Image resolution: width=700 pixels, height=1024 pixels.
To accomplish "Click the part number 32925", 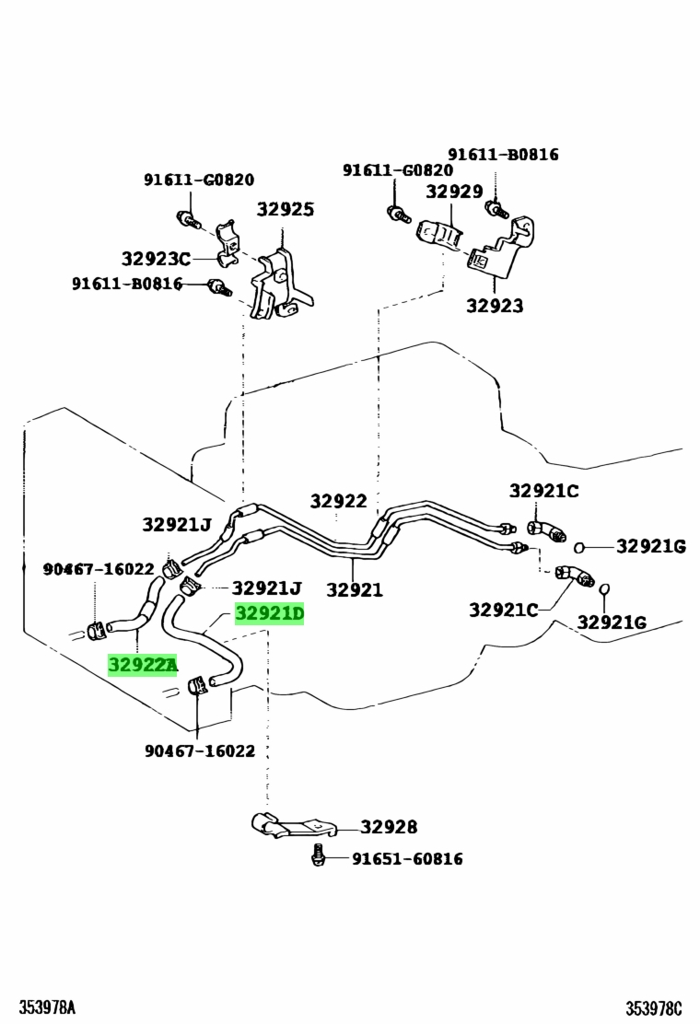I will (x=285, y=210).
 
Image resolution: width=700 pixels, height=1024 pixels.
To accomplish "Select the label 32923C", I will (x=156, y=259).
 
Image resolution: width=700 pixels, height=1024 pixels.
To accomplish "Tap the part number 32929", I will (x=454, y=192).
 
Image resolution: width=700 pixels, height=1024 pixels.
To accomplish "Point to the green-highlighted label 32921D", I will (x=269, y=614).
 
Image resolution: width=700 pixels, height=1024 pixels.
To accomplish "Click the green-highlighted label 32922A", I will (x=143, y=665).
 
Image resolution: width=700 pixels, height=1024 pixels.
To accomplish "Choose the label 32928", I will (x=388, y=827).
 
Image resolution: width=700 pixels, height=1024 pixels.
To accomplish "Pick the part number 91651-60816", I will (x=407, y=859).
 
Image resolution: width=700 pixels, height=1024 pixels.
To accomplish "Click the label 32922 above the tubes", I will (x=338, y=501).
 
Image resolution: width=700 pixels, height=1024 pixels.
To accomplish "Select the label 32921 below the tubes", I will (x=354, y=590).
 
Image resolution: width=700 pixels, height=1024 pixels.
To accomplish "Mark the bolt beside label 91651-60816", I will (x=319, y=855).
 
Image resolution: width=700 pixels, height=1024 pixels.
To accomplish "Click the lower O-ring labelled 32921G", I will (x=604, y=590).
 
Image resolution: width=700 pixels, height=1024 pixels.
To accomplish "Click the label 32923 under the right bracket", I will (x=494, y=306).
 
